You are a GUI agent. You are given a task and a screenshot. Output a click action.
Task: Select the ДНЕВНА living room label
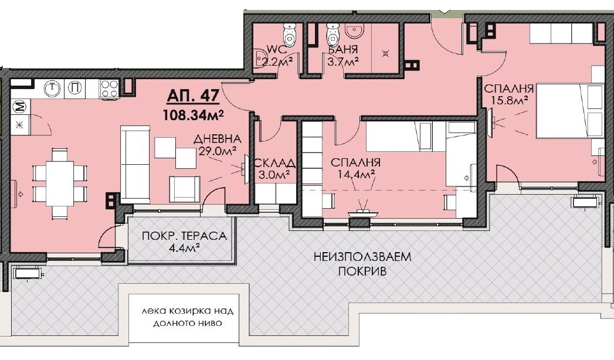pos(218,139)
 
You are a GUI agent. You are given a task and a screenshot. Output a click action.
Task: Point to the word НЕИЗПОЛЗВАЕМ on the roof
pos(362,257)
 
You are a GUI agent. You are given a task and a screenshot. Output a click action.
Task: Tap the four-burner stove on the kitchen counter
pos(110,89)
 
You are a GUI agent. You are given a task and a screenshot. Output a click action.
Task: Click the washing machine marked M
pos(19,107)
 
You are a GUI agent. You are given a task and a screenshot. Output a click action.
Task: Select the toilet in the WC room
pos(289,32)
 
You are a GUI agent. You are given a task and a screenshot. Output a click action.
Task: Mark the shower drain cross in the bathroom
pos(385,53)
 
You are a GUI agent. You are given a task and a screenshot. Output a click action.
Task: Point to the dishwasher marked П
pos(75,89)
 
